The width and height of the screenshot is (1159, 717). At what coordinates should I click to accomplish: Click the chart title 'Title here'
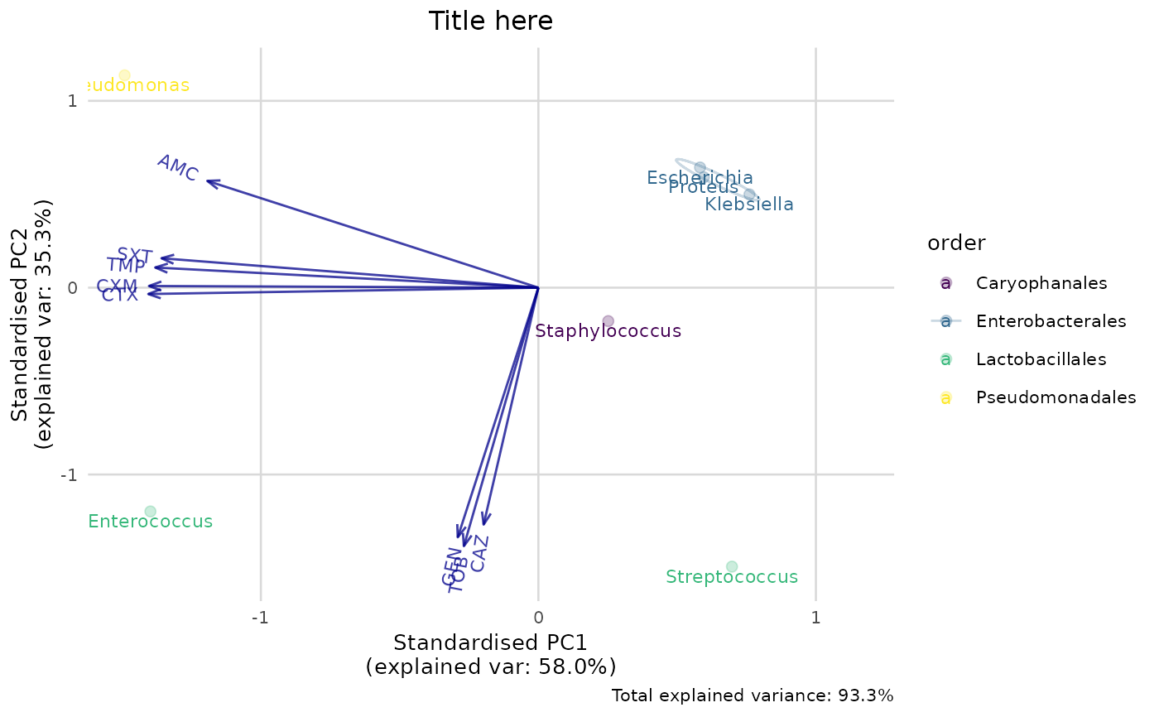pos(490,21)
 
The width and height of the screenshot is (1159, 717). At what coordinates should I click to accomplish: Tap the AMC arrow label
pos(178,168)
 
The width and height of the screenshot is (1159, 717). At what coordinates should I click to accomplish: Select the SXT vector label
pos(135,255)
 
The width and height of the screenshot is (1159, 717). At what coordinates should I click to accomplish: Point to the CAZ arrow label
pos(479,553)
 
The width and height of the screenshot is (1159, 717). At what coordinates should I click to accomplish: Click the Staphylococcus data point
pos(608,321)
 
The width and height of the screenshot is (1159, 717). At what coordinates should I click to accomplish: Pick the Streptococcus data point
pos(731,566)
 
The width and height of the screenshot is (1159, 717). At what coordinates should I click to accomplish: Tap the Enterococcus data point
pos(150,511)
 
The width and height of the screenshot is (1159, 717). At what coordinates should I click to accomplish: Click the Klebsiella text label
pos(749,204)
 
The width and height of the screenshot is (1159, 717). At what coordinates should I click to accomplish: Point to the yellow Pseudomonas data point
pos(124,75)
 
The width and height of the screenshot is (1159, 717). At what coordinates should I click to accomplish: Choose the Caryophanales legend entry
pos(1041,283)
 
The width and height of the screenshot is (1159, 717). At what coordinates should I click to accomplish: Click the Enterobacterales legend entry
pos(1051,321)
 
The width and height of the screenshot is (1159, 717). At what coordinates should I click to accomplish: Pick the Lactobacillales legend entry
pos(1041,359)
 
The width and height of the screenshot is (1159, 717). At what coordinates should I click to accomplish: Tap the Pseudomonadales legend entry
pos(1056,397)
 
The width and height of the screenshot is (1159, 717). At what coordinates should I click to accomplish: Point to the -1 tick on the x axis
pos(261,618)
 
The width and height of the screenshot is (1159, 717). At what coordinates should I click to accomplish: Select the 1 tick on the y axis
pos(72,101)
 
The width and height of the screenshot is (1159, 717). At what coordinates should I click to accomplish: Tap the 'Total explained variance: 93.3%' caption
pos(753,695)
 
